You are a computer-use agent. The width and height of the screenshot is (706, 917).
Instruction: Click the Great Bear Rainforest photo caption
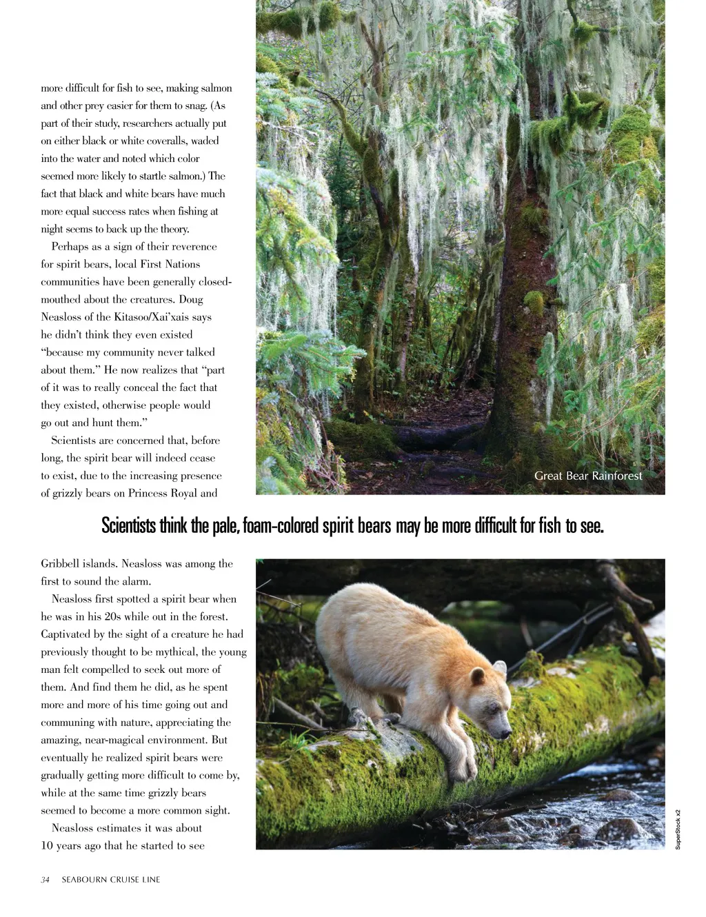click(588, 476)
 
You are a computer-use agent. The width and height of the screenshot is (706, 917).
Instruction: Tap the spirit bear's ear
click(500, 667)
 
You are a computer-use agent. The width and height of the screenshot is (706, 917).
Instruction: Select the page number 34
click(45, 880)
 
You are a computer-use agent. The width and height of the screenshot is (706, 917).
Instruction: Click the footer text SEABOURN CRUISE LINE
click(111, 880)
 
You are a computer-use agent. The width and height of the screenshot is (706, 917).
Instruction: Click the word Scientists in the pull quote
click(129, 526)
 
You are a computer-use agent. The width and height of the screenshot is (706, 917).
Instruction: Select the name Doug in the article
click(190, 299)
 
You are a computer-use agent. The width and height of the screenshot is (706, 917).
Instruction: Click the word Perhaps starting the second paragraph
click(70, 247)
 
